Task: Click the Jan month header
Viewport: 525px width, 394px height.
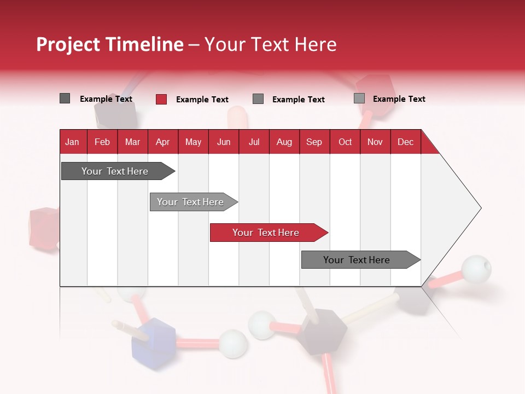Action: pos(72,142)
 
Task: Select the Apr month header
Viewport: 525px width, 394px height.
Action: pos(162,142)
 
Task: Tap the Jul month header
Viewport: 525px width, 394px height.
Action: pos(254,142)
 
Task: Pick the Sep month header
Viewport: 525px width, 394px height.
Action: pos(314,142)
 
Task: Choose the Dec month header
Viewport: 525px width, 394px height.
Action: pos(405,142)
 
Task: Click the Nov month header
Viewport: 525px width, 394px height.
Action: pos(375,142)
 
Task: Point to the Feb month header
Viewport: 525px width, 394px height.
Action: pos(102,142)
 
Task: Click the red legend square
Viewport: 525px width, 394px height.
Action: pos(161,99)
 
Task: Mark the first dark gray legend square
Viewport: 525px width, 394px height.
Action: pos(65,99)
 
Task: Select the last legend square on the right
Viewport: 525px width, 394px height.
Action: pos(359,99)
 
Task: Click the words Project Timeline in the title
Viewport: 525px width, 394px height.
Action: pos(109,44)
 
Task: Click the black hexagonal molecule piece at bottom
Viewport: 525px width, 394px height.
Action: pos(322,332)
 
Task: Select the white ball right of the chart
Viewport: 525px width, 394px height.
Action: pos(476,269)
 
